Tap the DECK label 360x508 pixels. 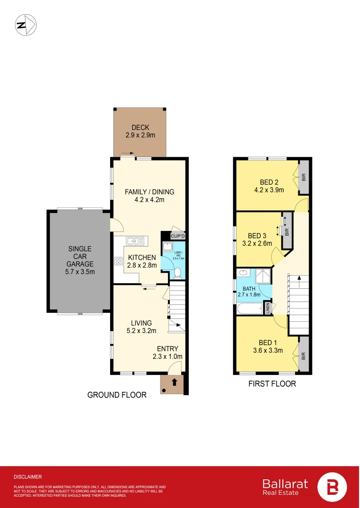coord(140,127)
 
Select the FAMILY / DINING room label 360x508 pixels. coord(149,192)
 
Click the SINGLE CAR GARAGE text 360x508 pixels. coord(80,256)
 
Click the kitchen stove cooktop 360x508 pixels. coord(118,261)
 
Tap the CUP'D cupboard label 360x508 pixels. coord(178,236)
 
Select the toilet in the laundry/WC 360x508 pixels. coord(177,273)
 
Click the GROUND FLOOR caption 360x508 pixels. coord(117,395)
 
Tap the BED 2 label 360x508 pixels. coord(270,183)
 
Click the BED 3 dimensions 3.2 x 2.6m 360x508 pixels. coord(257,244)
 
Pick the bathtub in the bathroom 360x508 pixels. coord(250,310)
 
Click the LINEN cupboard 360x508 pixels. coord(268,309)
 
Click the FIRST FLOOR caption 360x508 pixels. coord(272,384)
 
